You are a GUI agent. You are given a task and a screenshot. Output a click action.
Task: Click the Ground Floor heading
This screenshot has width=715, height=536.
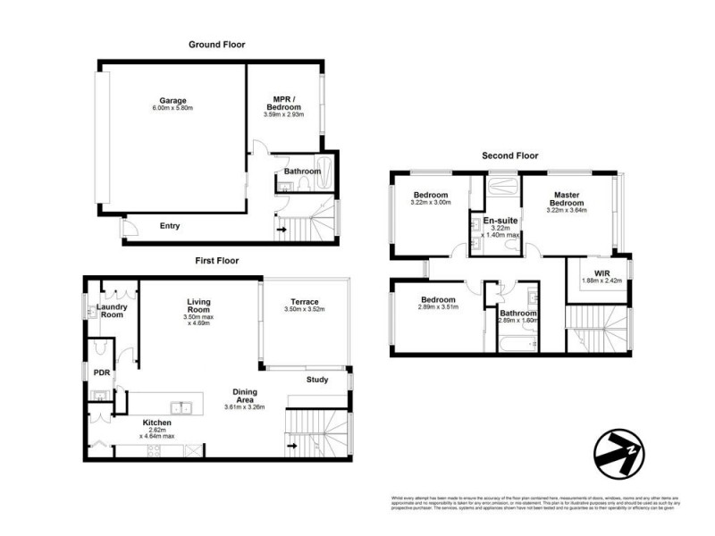(216, 44)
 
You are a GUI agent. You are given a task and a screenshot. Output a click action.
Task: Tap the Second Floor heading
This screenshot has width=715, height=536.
(510, 155)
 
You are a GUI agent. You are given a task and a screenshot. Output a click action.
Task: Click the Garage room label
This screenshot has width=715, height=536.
(173, 100)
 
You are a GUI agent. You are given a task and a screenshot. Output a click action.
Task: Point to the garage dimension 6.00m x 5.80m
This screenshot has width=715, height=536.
(173, 108)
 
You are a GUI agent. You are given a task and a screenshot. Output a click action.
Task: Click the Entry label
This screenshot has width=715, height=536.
(170, 226)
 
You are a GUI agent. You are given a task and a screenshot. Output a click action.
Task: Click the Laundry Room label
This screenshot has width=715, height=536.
(113, 312)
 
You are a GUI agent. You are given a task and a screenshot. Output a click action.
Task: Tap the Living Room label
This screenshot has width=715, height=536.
(191, 306)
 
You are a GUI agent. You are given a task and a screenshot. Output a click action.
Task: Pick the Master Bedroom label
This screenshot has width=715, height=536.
(567, 199)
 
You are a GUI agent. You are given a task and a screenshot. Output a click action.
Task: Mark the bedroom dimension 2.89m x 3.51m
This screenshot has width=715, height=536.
(438, 308)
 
